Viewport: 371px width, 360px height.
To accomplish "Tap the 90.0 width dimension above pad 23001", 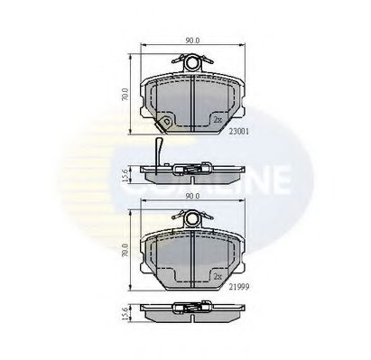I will [191, 41].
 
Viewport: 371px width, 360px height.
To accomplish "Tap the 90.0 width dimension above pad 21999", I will [191, 194].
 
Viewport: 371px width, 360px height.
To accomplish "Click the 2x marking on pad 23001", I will [217, 119].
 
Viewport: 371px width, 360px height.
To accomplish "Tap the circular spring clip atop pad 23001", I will [192, 62].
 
